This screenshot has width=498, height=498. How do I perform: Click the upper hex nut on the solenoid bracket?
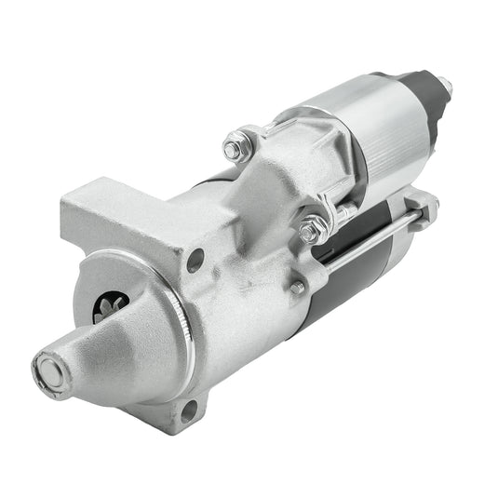(x=236, y=146)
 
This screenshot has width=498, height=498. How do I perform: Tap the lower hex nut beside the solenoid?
(x=313, y=227)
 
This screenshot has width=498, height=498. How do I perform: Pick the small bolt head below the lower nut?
(x=297, y=288)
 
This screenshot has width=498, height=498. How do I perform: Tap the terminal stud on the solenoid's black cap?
(x=445, y=87)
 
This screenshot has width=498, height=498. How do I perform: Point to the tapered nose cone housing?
(x=102, y=354)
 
